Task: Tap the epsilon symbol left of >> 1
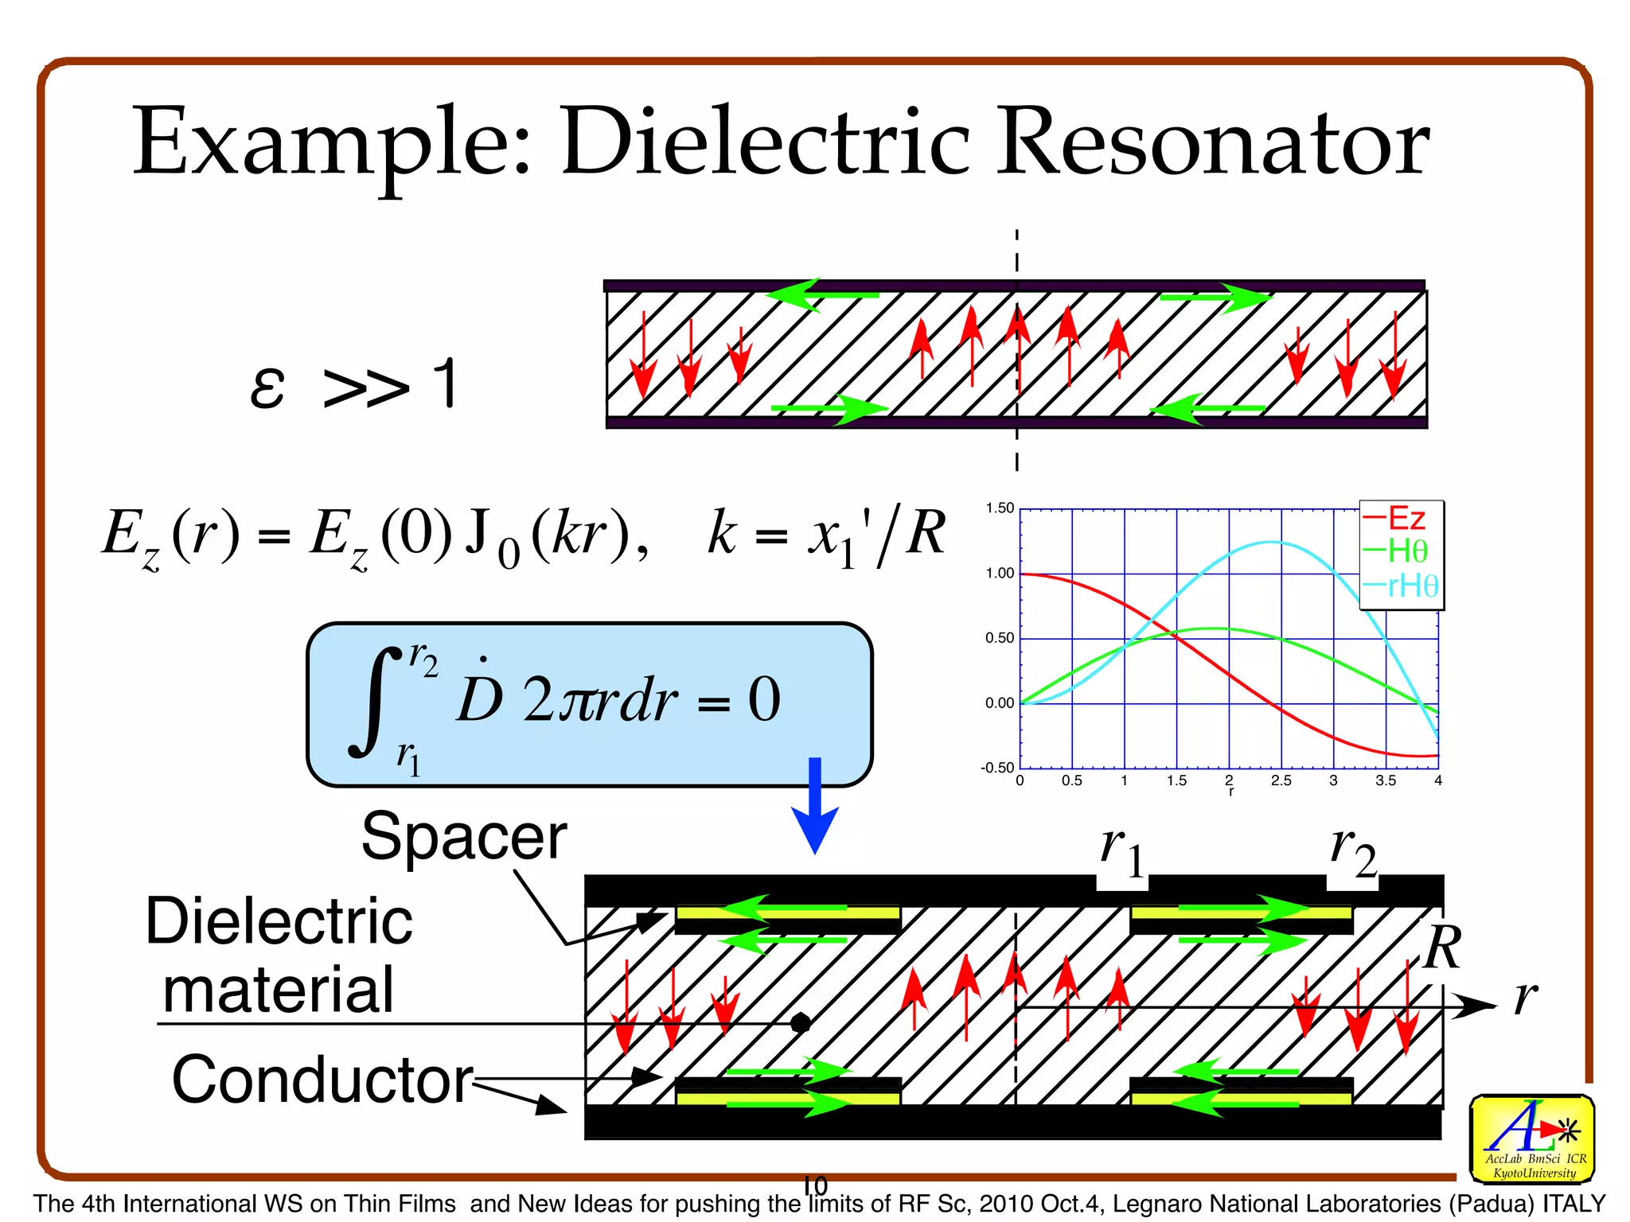(x=267, y=388)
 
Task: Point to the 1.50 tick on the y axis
(x=1000, y=508)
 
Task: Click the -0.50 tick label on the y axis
(x=997, y=768)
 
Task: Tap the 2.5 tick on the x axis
(x=1281, y=780)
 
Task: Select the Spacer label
(x=464, y=837)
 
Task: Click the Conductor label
(x=322, y=1080)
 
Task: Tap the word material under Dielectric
(x=278, y=990)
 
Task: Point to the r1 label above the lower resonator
(x=1122, y=851)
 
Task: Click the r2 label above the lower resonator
(x=1353, y=851)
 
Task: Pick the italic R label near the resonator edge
(x=1443, y=948)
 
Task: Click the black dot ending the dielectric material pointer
(x=801, y=1023)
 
